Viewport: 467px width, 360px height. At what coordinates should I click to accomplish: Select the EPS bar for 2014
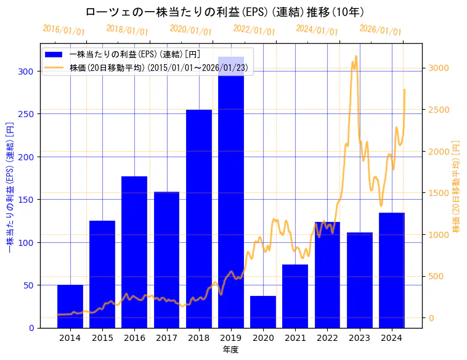pos(70,306)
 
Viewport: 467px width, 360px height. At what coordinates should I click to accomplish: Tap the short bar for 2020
pos(263,312)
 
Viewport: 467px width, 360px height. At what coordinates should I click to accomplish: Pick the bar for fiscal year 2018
pos(199,219)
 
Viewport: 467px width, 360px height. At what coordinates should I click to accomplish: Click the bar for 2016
pos(134,252)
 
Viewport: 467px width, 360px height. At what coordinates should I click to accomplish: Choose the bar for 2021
pos(295,296)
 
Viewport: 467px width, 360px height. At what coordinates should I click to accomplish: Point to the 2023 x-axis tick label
pos(359,338)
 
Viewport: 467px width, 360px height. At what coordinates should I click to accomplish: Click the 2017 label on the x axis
pos(166,338)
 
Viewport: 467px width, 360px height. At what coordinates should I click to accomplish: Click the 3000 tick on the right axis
pos(439,68)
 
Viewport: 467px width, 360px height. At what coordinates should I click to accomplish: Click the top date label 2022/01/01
pos(254,30)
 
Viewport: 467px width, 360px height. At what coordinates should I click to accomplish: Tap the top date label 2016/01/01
pos(63,30)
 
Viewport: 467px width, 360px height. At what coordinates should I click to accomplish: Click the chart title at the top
pos(224,12)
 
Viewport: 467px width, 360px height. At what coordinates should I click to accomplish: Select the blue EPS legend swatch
pos(54,55)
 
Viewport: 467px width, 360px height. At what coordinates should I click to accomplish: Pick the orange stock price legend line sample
pos(54,68)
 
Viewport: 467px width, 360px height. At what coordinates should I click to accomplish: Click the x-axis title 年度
pos(230,350)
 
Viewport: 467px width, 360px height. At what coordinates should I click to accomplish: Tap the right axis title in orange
pos(457,186)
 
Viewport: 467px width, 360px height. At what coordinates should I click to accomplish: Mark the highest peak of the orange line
pos(356,56)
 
